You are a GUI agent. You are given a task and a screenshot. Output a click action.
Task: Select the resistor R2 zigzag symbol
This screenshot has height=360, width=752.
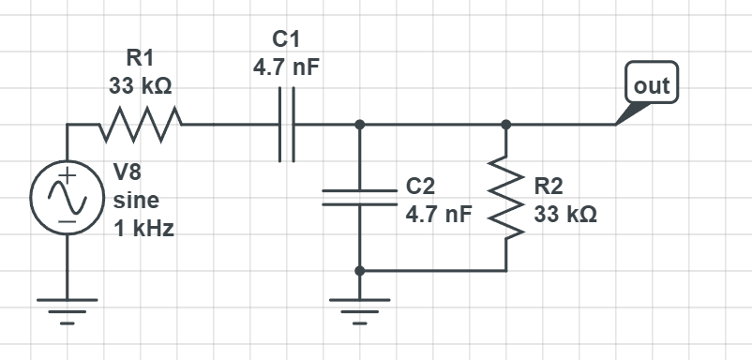(506, 198)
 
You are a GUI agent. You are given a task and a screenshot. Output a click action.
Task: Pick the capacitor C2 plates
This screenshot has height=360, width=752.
(359, 197)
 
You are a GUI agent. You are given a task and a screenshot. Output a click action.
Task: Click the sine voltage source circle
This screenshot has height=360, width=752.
(68, 198)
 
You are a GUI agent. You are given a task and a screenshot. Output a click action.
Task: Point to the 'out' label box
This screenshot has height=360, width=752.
(651, 85)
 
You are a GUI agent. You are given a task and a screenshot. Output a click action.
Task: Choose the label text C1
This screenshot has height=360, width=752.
(287, 39)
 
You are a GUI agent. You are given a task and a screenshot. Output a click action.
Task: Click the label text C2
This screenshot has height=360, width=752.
(419, 185)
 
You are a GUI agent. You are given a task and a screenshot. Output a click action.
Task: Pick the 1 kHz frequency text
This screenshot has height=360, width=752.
(143, 228)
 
